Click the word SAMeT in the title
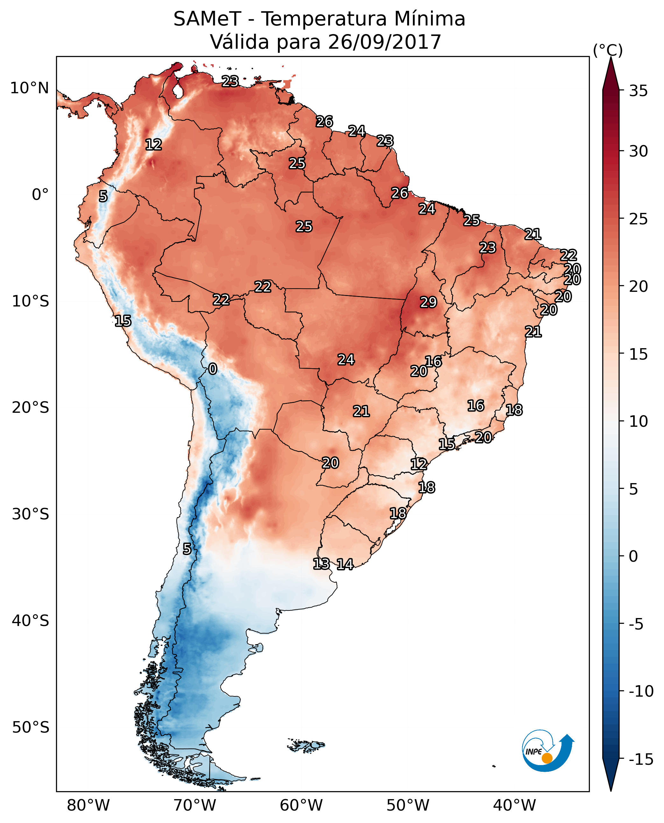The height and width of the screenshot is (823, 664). [x=207, y=19]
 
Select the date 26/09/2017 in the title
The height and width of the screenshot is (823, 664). [x=385, y=42]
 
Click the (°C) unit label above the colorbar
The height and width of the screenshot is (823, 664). [x=608, y=50]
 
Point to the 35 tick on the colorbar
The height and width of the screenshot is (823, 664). [x=638, y=91]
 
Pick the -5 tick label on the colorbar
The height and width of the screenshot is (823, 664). [x=636, y=624]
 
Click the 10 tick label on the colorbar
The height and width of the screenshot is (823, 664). [x=638, y=421]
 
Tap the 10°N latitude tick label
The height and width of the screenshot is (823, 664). [x=30, y=88]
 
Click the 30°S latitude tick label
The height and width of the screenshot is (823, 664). [x=31, y=514]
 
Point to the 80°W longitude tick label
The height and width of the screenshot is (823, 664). [x=88, y=805]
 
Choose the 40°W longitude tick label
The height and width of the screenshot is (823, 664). [x=514, y=805]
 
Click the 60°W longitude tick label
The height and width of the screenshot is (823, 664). [x=301, y=805]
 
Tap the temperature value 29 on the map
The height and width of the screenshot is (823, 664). [x=428, y=302]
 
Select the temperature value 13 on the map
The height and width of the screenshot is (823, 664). [x=321, y=563]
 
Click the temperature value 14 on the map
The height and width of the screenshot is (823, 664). [x=345, y=564]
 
